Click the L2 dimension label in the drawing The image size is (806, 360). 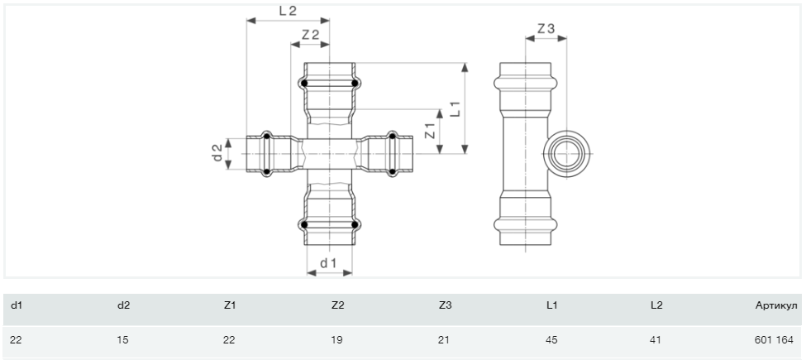(288, 11)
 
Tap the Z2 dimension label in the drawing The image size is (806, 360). (311, 35)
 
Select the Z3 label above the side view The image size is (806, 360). (546, 29)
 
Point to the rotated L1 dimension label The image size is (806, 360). (455, 108)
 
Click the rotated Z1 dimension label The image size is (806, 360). (431, 131)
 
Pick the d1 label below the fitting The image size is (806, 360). (328, 263)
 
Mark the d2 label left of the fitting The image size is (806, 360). (218, 153)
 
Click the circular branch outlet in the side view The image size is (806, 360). (566, 154)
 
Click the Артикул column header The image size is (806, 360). (776, 305)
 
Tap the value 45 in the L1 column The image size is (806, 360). (551, 340)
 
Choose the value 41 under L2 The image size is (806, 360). (656, 340)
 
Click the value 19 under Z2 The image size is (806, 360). (336, 340)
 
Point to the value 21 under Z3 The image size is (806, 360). (444, 340)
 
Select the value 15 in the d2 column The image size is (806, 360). (122, 340)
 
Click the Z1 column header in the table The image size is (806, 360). (230, 305)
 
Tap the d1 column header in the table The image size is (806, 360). (17, 305)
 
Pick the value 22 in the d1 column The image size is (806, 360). (16, 340)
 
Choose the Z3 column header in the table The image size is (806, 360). (445, 305)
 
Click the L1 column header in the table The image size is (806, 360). (551, 305)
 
